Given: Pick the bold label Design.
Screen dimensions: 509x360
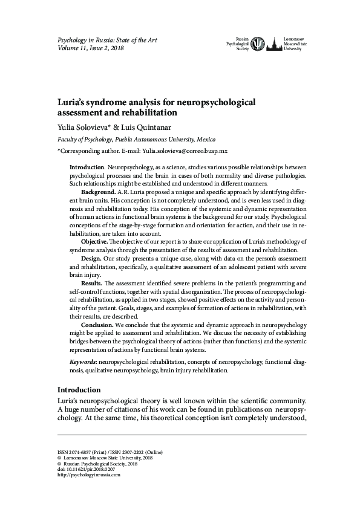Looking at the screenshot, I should coord(91,258).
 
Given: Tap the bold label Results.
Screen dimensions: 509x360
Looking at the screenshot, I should coord(93,283).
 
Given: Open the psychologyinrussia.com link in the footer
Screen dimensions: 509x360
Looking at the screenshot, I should coord(88,475).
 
